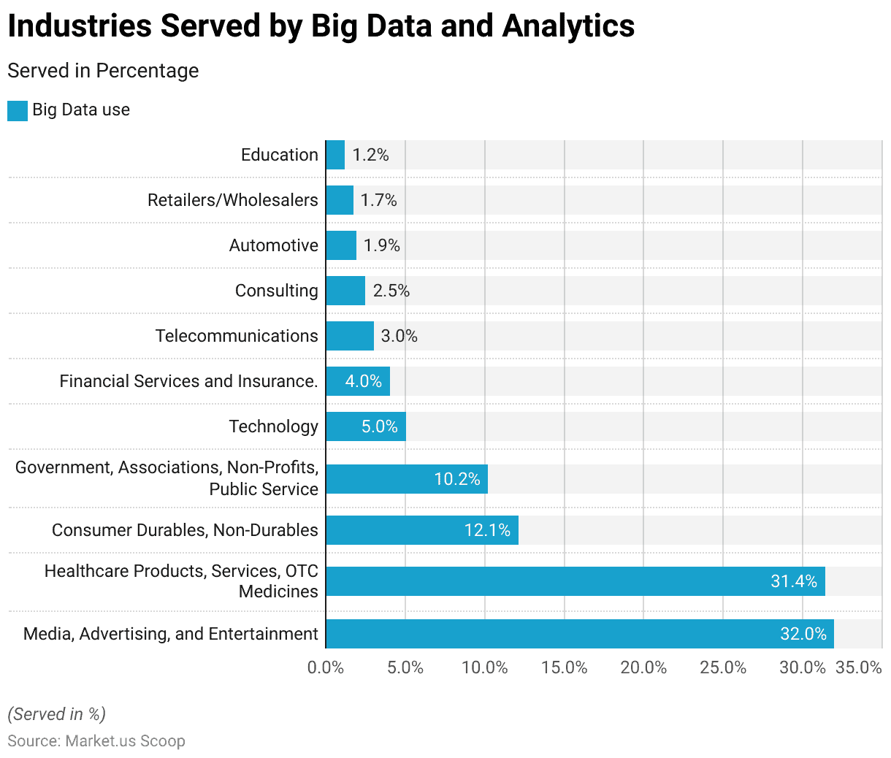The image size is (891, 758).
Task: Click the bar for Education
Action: pos(335,155)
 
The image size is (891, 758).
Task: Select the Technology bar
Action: pos(365,426)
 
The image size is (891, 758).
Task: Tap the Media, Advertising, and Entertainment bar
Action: pos(579,634)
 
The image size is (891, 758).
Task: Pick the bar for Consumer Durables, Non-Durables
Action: pos(422,530)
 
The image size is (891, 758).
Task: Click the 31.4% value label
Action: pos(794,581)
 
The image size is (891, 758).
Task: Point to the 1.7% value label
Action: pos(379,200)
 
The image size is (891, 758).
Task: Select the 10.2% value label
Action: pos(457,479)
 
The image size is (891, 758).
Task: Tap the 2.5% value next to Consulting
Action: pos(391,291)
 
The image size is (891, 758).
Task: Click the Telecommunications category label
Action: pos(237,336)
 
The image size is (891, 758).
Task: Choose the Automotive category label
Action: pos(274,245)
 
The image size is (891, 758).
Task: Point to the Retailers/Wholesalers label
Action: pos(233,200)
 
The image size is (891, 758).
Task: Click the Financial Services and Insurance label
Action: pos(188,381)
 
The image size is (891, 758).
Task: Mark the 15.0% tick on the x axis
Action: pos(565,667)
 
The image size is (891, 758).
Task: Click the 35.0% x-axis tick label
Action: pos(859,667)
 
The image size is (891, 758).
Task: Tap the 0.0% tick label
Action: pos(326,667)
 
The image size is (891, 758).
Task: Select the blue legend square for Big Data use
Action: pos(18,111)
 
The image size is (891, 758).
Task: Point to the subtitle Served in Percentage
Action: pos(103,71)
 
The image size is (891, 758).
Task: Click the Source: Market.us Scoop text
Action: pos(96,740)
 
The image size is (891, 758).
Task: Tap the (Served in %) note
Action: pos(56,714)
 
